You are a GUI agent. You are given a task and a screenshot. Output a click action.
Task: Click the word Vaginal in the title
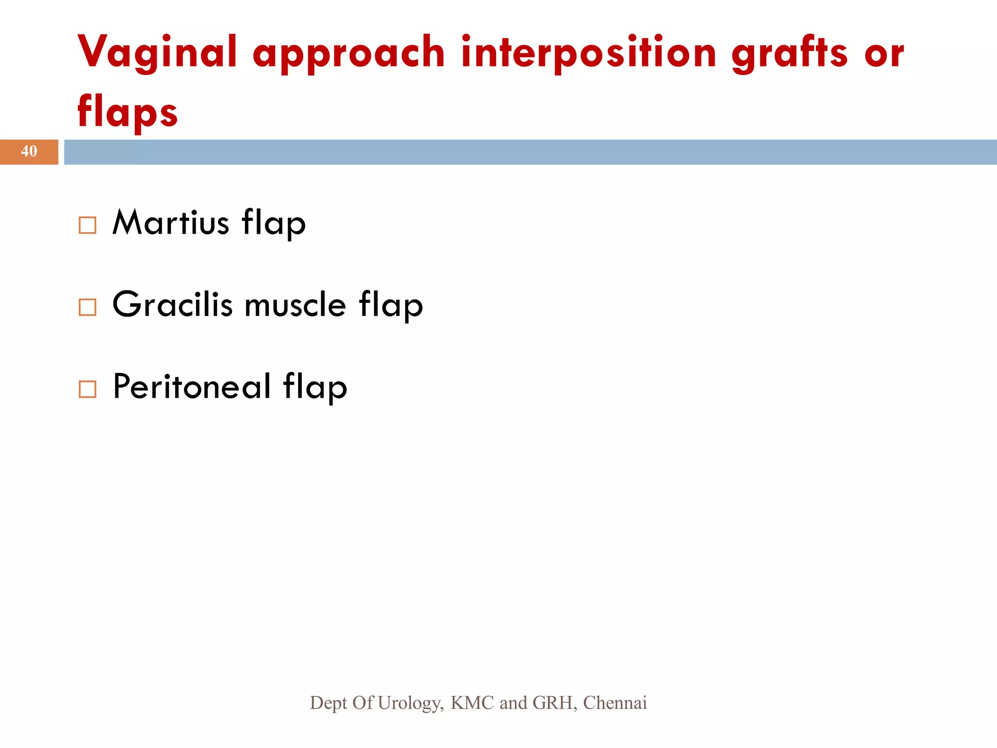click(157, 53)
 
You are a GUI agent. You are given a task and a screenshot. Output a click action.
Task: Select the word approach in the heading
click(349, 55)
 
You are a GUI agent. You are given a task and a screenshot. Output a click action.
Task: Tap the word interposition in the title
click(589, 53)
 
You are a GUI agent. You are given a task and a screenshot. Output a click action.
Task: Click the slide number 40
click(29, 151)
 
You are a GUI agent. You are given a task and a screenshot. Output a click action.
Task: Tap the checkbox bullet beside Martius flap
click(88, 225)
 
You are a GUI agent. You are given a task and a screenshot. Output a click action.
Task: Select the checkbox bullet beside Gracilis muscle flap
click(88, 307)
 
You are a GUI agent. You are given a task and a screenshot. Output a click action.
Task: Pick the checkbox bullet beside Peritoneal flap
click(88, 389)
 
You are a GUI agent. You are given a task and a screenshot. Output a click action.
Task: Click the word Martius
click(170, 223)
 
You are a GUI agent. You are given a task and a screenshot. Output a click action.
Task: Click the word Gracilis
click(172, 304)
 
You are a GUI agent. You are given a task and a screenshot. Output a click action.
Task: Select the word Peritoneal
click(191, 386)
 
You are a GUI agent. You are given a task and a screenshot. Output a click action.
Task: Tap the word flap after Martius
click(274, 224)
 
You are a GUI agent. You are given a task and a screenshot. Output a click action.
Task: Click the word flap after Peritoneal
click(315, 388)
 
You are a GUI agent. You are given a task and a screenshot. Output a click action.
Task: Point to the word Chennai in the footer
click(615, 703)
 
